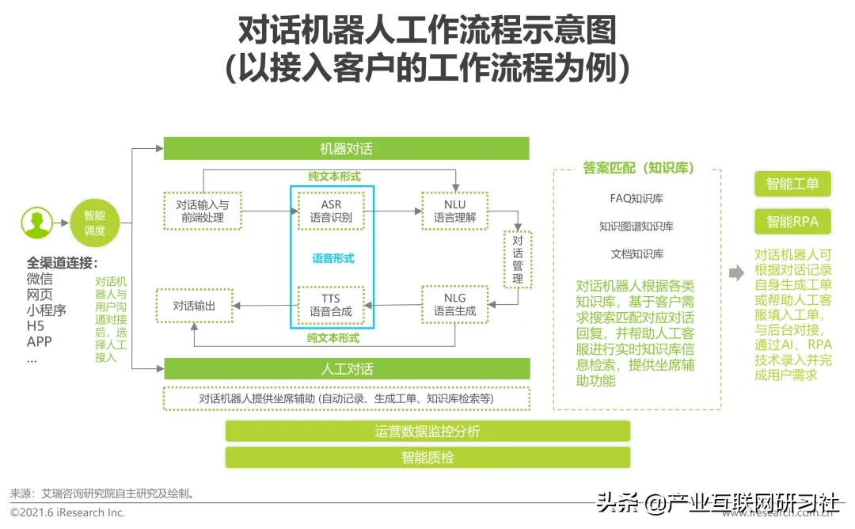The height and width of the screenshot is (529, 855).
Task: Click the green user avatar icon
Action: coord(36,223)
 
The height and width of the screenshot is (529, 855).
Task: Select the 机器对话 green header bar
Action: coord(346,149)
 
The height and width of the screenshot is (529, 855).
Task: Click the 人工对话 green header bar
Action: coord(346,369)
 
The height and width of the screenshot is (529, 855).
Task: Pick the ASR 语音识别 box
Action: coord(331,211)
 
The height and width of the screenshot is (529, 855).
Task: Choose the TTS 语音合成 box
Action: coord(331,305)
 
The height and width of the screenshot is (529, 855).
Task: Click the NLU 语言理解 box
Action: coord(454,211)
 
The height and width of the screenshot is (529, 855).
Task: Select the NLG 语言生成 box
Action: coord(454,305)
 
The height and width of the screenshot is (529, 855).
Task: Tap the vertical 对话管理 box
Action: coord(518,259)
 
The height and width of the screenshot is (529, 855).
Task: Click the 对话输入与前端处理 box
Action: coord(201,211)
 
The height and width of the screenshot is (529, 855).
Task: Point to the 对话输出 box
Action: coord(194,305)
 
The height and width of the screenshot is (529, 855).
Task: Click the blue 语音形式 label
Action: coord(332,258)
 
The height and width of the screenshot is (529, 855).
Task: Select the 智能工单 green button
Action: coord(792,185)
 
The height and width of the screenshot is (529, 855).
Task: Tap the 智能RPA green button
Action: coord(792,222)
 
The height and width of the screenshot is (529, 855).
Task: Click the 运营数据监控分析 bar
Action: coord(427,432)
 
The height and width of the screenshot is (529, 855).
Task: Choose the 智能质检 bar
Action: coord(427,458)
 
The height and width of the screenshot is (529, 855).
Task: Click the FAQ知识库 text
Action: coord(636,198)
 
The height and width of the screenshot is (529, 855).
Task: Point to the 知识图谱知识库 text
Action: coord(636,226)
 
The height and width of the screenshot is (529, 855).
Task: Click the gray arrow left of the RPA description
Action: coord(736,273)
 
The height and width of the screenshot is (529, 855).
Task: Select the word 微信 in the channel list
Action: coord(40,279)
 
